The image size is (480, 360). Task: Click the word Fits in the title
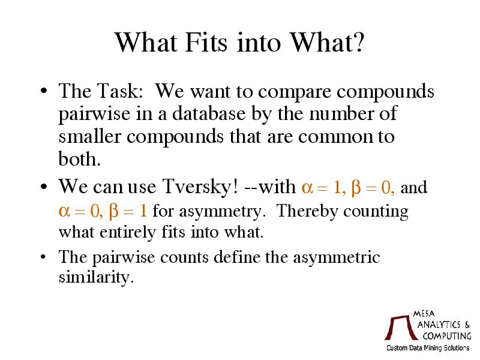click(x=206, y=42)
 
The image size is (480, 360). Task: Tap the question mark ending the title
click(x=358, y=42)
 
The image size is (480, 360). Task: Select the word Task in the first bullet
click(x=120, y=91)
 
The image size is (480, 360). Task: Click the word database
click(x=209, y=113)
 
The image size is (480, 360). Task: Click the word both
click(x=79, y=158)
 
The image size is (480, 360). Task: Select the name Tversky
click(x=200, y=187)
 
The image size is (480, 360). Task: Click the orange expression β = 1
click(x=128, y=211)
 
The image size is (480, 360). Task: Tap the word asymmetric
click(x=337, y=258)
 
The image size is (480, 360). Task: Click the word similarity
click(x=96, y=277)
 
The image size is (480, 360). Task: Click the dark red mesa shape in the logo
click(x=401, y=328)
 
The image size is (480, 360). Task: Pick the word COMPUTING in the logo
click(x=447, y=336)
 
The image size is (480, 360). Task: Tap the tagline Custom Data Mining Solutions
click(x=428, y=348)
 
